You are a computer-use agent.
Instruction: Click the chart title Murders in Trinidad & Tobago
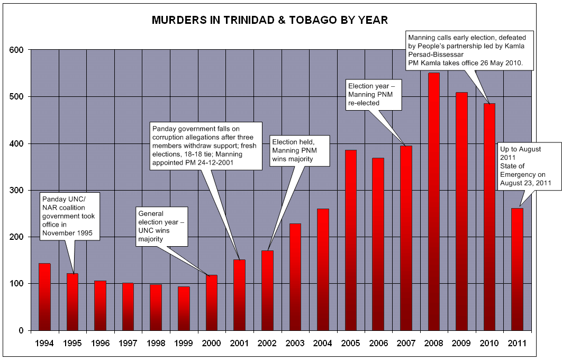pos(270,21)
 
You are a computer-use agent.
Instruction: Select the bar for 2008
pos(433,201)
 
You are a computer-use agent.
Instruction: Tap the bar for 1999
pos(183,308)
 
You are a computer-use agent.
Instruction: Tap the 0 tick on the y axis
pos(21,331)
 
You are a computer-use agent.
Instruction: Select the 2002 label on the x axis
pos(267,343)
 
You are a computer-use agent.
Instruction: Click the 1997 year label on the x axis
pos(128,343)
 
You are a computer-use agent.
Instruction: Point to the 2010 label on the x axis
pos(488,343)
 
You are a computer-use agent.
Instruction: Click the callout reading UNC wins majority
pos(162,226)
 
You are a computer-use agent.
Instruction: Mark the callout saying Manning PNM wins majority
pos(300,150)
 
